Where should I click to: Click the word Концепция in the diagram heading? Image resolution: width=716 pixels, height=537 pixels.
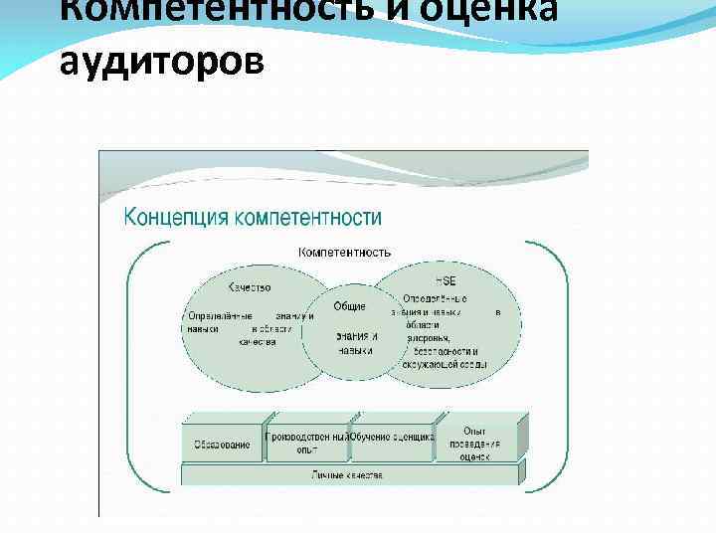[x=175, y=217]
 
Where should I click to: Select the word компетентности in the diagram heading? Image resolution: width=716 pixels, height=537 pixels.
[x=306, y=217]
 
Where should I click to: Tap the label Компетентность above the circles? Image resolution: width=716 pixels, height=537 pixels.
[x=344, y=253]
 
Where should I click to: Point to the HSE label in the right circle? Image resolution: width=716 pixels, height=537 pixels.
[x=446, y=281]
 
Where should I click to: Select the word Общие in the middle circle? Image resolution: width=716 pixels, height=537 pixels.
[x=349, y=305]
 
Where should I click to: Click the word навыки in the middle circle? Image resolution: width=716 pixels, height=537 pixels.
[x=355, y=350]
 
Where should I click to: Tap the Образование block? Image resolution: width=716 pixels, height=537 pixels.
[x=222, y=445]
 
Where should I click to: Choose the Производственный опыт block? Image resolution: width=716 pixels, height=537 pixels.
[x=306, y=443]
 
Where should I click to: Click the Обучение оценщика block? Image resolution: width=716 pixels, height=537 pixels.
[x=392, y=438]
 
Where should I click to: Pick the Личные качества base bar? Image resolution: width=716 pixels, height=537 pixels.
[x=348, y=475]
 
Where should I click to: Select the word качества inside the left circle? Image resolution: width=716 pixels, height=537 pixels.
[x=257, y=341]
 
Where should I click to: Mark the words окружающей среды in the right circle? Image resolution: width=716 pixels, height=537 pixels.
[x=444, y=364]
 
